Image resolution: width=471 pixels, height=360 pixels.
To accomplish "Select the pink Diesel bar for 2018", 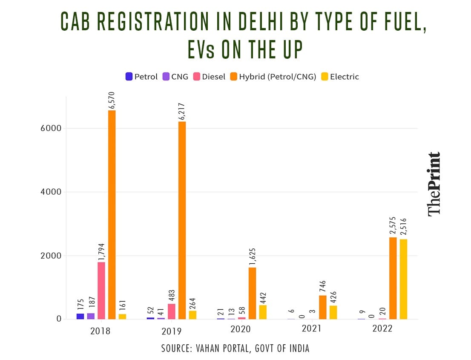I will click(x=101, y=291).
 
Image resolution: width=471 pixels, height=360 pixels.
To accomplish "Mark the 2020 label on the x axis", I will click(x=241, y=330).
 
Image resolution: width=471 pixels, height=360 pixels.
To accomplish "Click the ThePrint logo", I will click(x=434, y=183).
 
